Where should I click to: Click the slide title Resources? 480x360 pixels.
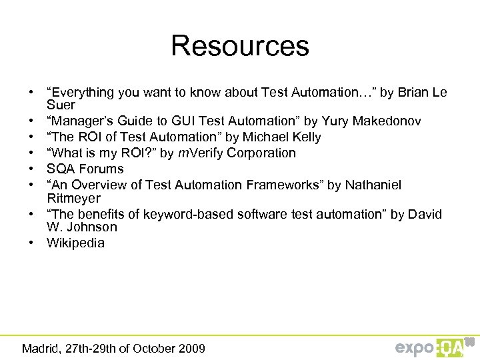[x=240, y=46]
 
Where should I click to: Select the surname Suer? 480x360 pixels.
[x=61, y=105]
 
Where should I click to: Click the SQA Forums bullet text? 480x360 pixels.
[x=85, y=169]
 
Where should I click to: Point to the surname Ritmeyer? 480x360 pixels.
[x=73, y=198]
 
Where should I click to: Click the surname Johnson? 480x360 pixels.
[x=90, y=227]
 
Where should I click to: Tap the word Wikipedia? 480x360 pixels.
[x=75, y=243]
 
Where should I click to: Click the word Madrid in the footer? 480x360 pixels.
[x=41, y=348]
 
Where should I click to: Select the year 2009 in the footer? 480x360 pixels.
[x=191, y=348]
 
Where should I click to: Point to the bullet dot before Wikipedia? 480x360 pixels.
[x=31, y=243]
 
